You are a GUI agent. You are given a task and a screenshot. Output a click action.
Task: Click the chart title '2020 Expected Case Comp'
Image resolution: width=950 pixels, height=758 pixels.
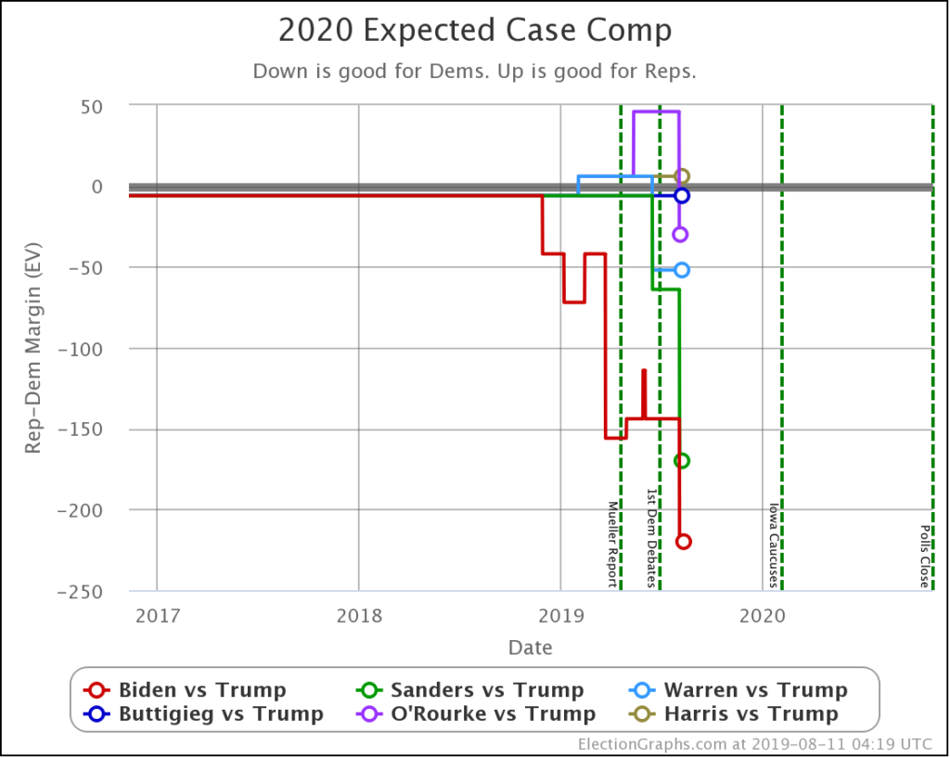475,31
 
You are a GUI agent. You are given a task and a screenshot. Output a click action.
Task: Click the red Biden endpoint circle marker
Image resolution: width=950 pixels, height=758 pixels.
684,541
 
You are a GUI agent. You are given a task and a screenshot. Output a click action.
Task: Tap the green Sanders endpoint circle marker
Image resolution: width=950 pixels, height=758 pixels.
682,460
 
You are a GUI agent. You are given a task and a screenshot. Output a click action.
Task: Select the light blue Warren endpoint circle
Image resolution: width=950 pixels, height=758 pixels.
682,270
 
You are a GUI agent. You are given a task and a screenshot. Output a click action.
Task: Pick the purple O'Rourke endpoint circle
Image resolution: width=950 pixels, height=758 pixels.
680,234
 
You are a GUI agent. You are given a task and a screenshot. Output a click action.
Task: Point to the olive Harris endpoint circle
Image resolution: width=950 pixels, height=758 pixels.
682,176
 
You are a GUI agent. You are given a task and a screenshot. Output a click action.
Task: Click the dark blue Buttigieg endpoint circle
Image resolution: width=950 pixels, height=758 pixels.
682,196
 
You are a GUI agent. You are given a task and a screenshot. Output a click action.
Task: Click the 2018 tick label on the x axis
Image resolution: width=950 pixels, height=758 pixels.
359,614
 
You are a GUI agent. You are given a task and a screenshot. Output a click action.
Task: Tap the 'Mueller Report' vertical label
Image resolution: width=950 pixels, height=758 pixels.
612,545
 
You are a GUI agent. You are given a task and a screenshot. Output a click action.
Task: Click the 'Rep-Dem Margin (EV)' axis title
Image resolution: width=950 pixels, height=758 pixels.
32,349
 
